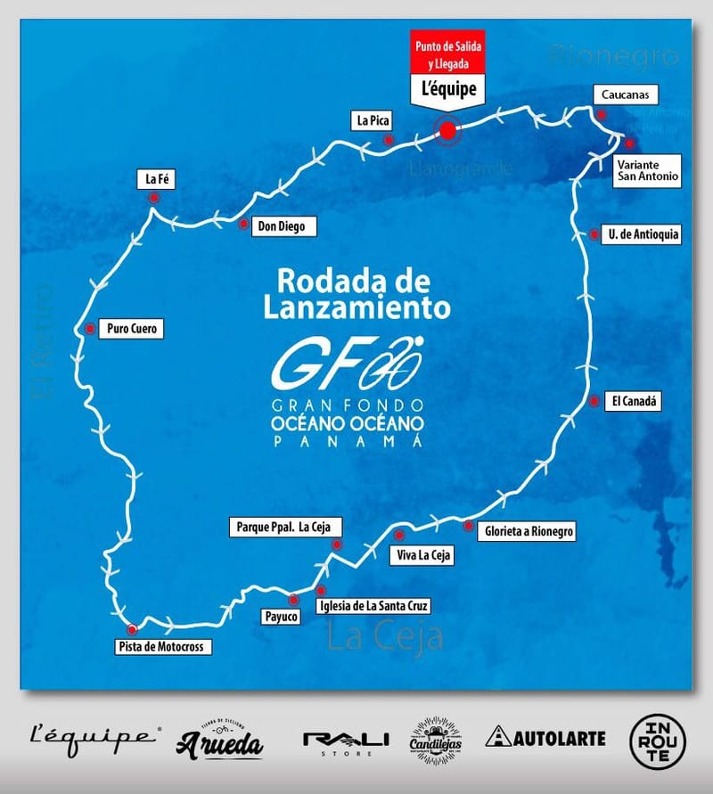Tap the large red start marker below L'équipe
(447, 131)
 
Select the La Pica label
(372, 119)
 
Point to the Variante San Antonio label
(648, 169)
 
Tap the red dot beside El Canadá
(594, 401)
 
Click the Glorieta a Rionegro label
(529, 532)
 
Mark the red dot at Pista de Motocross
(133, 629)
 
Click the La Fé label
(155, 179)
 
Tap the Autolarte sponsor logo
(545, 738)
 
